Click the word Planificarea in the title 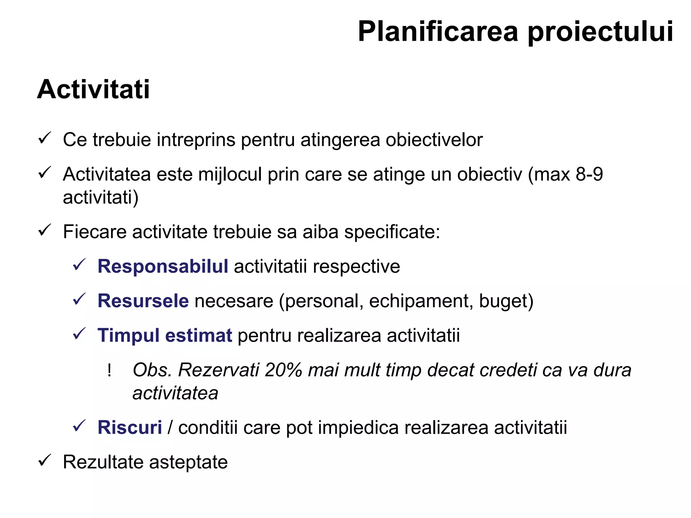pyautogui.click(x=438, y=32)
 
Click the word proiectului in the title pyautogui.click(x=600, y=32)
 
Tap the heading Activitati pyautogui.click(x=93, y=89)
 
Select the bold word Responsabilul pyautogui.click(x=163, y=266)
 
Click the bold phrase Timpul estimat pyautogui.click(x=165, y=335)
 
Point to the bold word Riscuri pyautogui.click(x=130, y=427)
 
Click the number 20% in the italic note pyautogui.click(x=283, y=370)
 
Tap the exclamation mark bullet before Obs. pyautogui.click(x=109, y=370)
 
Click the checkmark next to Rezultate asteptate pyautogui.click(x=45, y=461)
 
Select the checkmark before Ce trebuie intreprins pyautogui.click(x=45, y=138)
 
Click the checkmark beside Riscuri pyautogui.click(x=80, y=426)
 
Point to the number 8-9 pyautogui.click(x=589, y=174)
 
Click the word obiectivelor pyautogui.click(x=434, y=140)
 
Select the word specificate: pyautogui.click(x=392, y=232)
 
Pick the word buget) pyautogui.click(x=506, y=301)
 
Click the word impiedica pyautogui.click(x=358, y=428)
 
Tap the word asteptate pyautogui.click(x=188, y=462)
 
